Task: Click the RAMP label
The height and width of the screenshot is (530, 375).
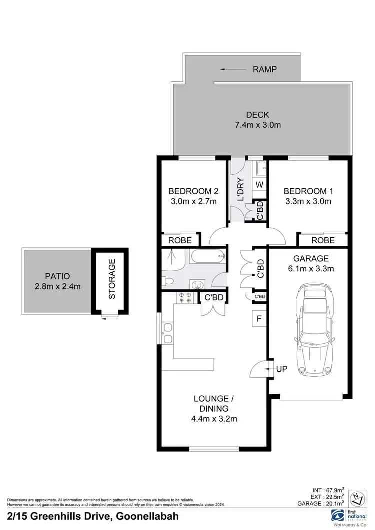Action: [x=265, y=69]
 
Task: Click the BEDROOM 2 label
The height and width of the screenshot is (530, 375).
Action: [x=193, y=191]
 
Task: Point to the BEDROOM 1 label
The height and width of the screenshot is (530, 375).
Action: [x=308, y=191]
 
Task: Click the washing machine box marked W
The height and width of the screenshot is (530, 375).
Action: [x=259, y=184]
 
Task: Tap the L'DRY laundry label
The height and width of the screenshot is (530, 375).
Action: [x=240, y=190]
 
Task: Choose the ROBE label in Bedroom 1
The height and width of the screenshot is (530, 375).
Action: [x=322, y=240]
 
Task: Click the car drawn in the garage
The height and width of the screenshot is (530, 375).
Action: [x=314, y=330]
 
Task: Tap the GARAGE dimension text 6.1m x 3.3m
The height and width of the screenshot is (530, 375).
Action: [x=311, y=268]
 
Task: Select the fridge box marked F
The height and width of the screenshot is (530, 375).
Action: [x=259, y=318]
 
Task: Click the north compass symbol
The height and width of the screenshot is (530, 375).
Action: [x=357, y=497]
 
